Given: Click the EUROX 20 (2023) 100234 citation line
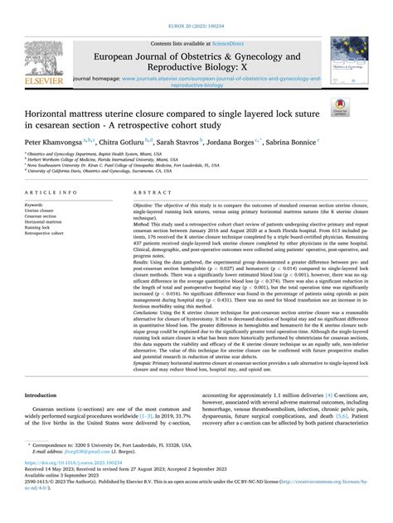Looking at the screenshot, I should click(x=196, y=7).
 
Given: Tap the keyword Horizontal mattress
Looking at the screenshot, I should click(x=46, y=223).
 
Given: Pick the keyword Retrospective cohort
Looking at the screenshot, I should click(x=47, y=235).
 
